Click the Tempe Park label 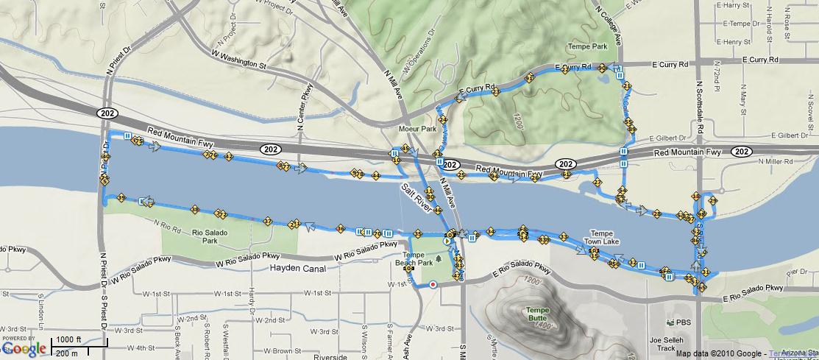point(588,46)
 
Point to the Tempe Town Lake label point(602,237)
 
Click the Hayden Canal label point(298,269)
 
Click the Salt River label point(415,196)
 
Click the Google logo point(24,348)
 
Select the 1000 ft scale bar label point(68,339)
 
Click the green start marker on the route point(447,241)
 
